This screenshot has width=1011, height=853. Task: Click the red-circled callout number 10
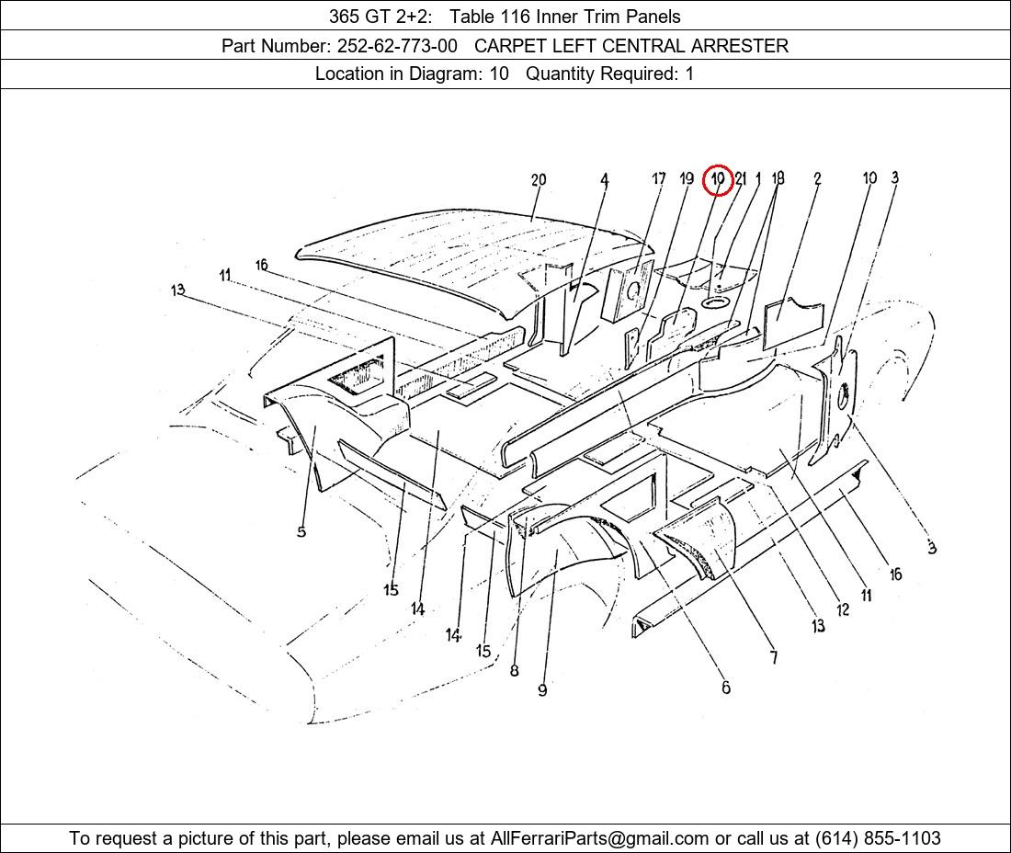(x=718, y=178)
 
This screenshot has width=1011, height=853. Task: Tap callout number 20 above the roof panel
(x=539, y=180)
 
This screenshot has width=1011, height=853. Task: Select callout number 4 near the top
(x=604, y=180)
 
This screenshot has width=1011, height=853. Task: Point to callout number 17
(x=658, y=178)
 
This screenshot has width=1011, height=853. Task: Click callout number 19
(x=687, y=178)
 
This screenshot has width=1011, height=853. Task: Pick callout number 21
(x=740, y=178)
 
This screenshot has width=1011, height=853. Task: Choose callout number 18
(x=778, y=178)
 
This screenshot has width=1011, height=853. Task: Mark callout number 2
(x=817, y=178)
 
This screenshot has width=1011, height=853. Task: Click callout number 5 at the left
(x=301, y=532)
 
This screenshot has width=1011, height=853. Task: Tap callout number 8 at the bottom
(x=514, y=670)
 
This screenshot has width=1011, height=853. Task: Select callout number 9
(x=542, y=690)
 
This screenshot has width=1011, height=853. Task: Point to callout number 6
(x=726, y=688)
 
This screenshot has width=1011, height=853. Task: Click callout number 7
(x=774, y=657)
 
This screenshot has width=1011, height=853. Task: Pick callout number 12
(x=843, y=609)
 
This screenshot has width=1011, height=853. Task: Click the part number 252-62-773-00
(x=397, y=46)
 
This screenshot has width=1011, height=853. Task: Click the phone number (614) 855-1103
(x=878, y=838)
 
